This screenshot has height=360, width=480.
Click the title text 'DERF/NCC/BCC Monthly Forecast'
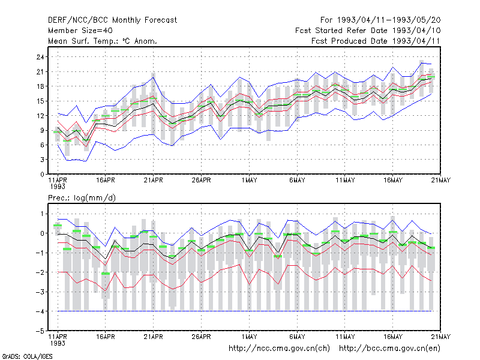pos(112,20)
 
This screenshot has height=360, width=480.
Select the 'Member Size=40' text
pos(80,31)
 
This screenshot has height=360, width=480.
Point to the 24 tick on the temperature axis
pos(40,57)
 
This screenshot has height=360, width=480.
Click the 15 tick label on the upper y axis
pos(40,101)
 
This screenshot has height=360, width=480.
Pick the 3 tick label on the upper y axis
pos(42,160)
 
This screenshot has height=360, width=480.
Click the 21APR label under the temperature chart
pos(154,181)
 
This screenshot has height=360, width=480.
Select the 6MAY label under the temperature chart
pos(297,181)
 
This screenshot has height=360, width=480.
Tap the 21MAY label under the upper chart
pos(441,181)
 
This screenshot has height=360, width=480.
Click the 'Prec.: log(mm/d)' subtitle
pos(82,198)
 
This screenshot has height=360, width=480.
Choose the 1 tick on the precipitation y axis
pos(42,214)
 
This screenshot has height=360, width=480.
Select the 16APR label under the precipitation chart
pos(106,337)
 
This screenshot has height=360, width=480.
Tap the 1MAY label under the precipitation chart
pos(249,337)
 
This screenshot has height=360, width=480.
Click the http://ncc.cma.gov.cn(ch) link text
pos(279,349)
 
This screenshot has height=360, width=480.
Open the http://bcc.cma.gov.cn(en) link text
pos(389,349)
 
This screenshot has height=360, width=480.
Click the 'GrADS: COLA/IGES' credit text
pos(28,356)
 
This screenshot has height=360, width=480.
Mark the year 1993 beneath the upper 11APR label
pos(58,187)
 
